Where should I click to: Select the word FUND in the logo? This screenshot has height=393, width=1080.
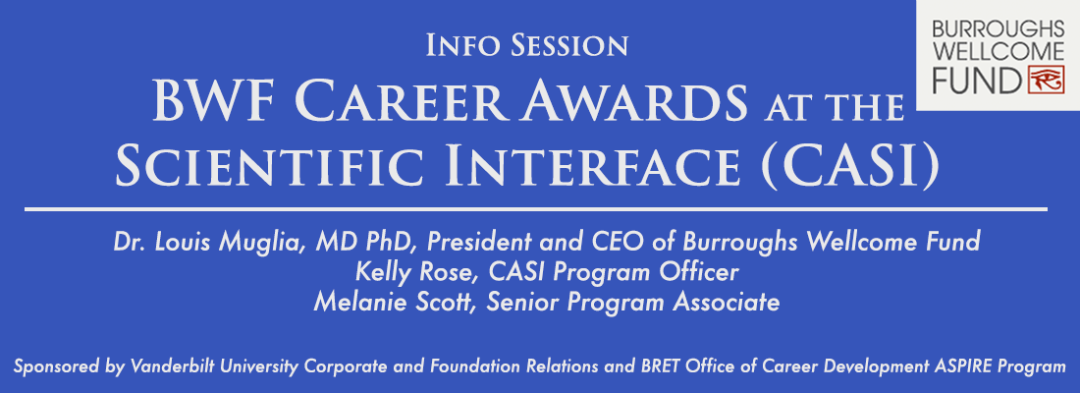[x=976, y=82]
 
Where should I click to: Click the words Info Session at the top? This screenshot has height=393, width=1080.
[x=527, y=45]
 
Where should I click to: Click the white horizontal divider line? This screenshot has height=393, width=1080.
[x=536, y=208]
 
